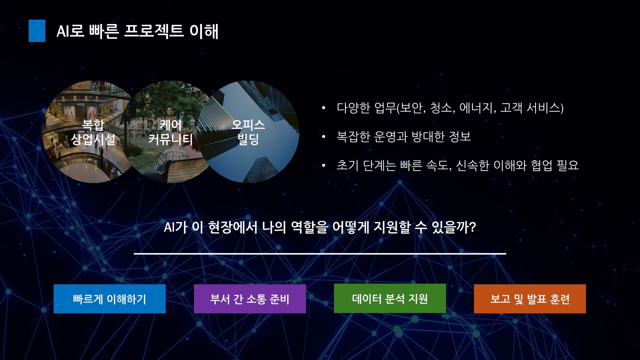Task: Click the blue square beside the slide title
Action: point(37,31)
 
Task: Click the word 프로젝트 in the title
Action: point(154,31)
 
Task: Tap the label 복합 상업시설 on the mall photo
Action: point(93,132)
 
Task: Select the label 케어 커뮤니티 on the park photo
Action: point(171,132)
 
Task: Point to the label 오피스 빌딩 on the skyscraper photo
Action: point(248,132)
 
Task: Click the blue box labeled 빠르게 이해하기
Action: point(110,299)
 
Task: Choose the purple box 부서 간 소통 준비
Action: point(250,299)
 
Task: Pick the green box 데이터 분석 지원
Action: point(390,298)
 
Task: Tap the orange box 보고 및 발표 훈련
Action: point(530,299)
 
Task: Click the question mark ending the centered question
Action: point(473,228)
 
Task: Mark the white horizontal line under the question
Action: point(320,254)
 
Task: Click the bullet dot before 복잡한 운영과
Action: point(323,137)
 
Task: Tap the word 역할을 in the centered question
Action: point(309,227)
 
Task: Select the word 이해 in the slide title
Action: point(204,31)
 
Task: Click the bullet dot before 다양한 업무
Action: point(323,108)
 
